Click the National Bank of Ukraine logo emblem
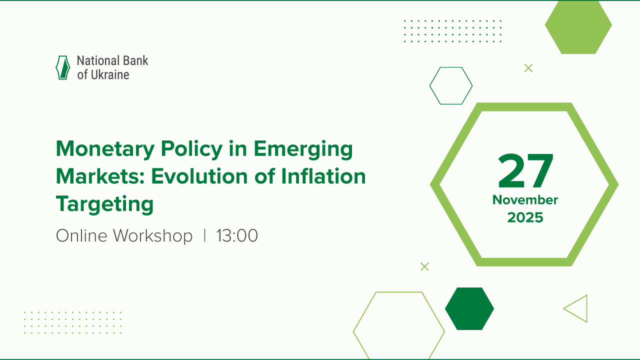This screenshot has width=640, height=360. [62, 68]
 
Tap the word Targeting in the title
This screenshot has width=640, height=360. [104, 204]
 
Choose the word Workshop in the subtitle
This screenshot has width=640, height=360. [152, 235]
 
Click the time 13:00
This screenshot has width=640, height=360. [237, 235]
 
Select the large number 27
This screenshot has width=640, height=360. [525, 171]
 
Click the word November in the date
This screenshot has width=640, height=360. [525, 200]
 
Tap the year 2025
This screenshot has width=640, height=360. [525, 217]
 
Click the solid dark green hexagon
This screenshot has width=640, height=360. [469, 308]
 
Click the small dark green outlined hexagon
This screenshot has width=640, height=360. [451, 85]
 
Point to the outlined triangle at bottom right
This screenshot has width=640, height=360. [577, 308]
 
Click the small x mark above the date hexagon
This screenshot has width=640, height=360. [528, 68]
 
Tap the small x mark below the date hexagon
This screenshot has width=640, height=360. [424, 266]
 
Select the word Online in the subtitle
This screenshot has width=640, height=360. [82, 235]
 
